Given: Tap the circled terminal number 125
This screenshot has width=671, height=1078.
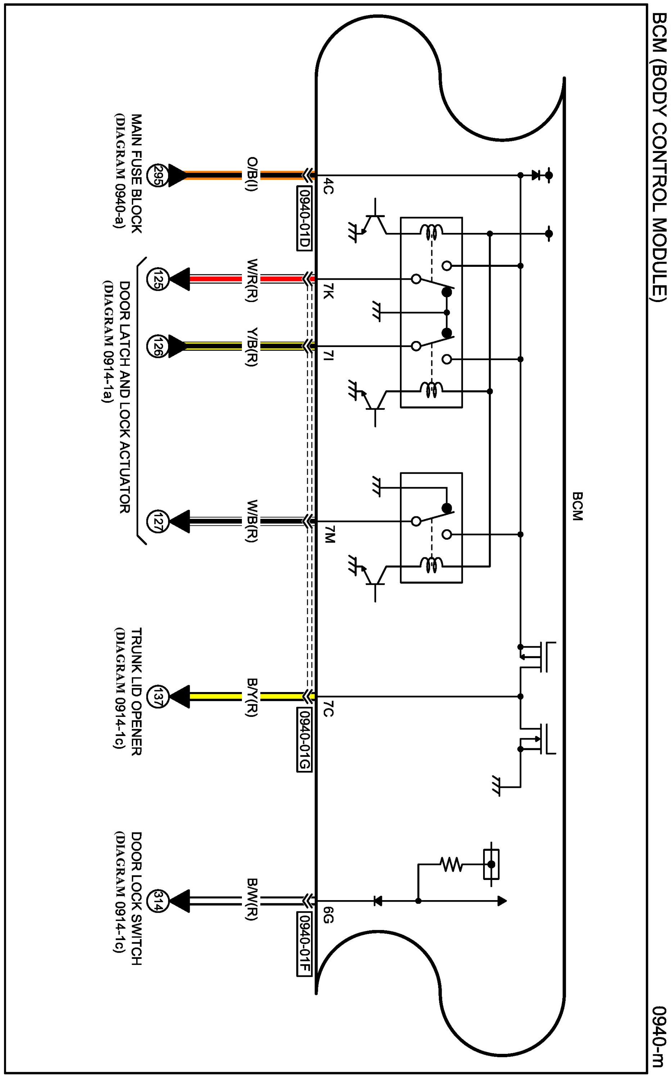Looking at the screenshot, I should pyautogui.click(x=156, y=279).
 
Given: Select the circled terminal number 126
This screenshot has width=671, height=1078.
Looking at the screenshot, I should pyautogui.click(x=156, y=346).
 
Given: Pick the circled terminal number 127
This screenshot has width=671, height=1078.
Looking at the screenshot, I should pyautogui.click(x=156, y=521).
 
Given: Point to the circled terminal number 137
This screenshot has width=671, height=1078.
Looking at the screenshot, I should pyautogui.click(x=156, y=696).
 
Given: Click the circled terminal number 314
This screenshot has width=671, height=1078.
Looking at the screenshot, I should pyautogui.click(x=156, y=901).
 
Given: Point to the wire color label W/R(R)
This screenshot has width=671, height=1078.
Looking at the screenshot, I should pyautogui.click(x=252, y=280).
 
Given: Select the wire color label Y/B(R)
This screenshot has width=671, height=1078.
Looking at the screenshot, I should pyautogui.click(x=252, y=346).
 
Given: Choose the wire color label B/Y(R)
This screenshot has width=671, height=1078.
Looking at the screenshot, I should pyautogui.click(x=252, y=697).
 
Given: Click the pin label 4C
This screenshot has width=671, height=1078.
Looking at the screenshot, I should pyautogui.click(x=328, y=186).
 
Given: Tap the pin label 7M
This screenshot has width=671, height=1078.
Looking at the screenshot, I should pyautogui.click(x=328, y=534).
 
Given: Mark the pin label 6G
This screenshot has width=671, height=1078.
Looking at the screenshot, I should pyautogui.click(x=328, y=915).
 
